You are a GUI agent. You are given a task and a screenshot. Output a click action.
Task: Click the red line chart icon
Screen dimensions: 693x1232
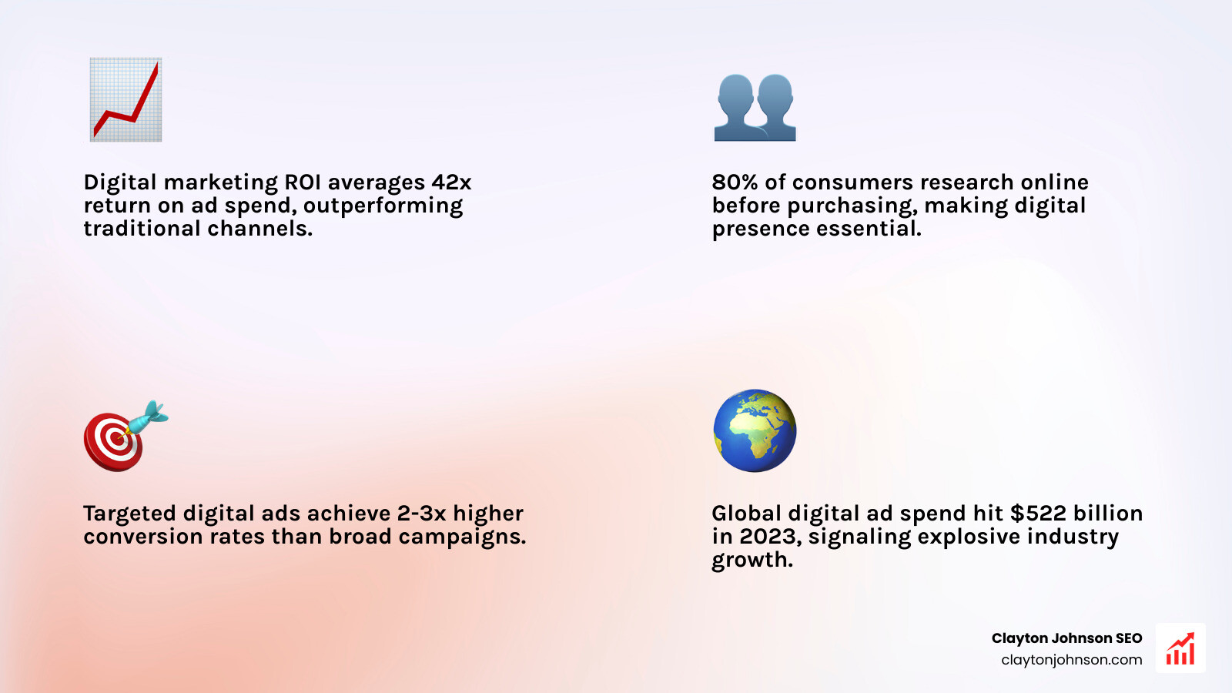pyautogui.click(x=126, y=99)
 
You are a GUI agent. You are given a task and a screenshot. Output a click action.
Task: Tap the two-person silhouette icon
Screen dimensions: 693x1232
pyautogui.click(x=755, y=107)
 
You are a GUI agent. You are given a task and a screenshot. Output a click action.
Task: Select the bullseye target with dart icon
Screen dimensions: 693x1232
pyautogui.click(x=123, y=437)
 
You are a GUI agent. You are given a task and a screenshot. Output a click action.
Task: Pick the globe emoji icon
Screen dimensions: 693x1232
pyautogui.click(x=755, y=430)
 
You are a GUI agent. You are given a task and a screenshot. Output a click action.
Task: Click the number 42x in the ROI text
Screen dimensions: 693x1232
pyautogui.click(x=451, y=182)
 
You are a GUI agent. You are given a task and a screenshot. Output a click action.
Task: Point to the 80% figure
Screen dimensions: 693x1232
pyautogui.click(x=735, y=182)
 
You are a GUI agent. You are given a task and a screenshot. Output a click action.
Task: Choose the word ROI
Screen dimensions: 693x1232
pyautogui.click(x=303, y=182)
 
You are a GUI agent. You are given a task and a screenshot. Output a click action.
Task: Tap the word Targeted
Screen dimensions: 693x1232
pyautogui.click(x=129, y=514)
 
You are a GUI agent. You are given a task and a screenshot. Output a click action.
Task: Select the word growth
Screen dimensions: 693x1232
pyautogui.click(x=752, y=561)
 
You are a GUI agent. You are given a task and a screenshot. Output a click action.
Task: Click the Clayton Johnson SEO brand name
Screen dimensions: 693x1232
pyautogui.click(x=1066, y=638)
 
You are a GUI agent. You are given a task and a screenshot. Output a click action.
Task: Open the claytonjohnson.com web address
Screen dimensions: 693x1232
pyautogui.click(x=1071, y=660)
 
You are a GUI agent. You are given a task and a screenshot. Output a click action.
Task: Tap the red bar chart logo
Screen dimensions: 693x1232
pyautogui.click(x=1180, y=648)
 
